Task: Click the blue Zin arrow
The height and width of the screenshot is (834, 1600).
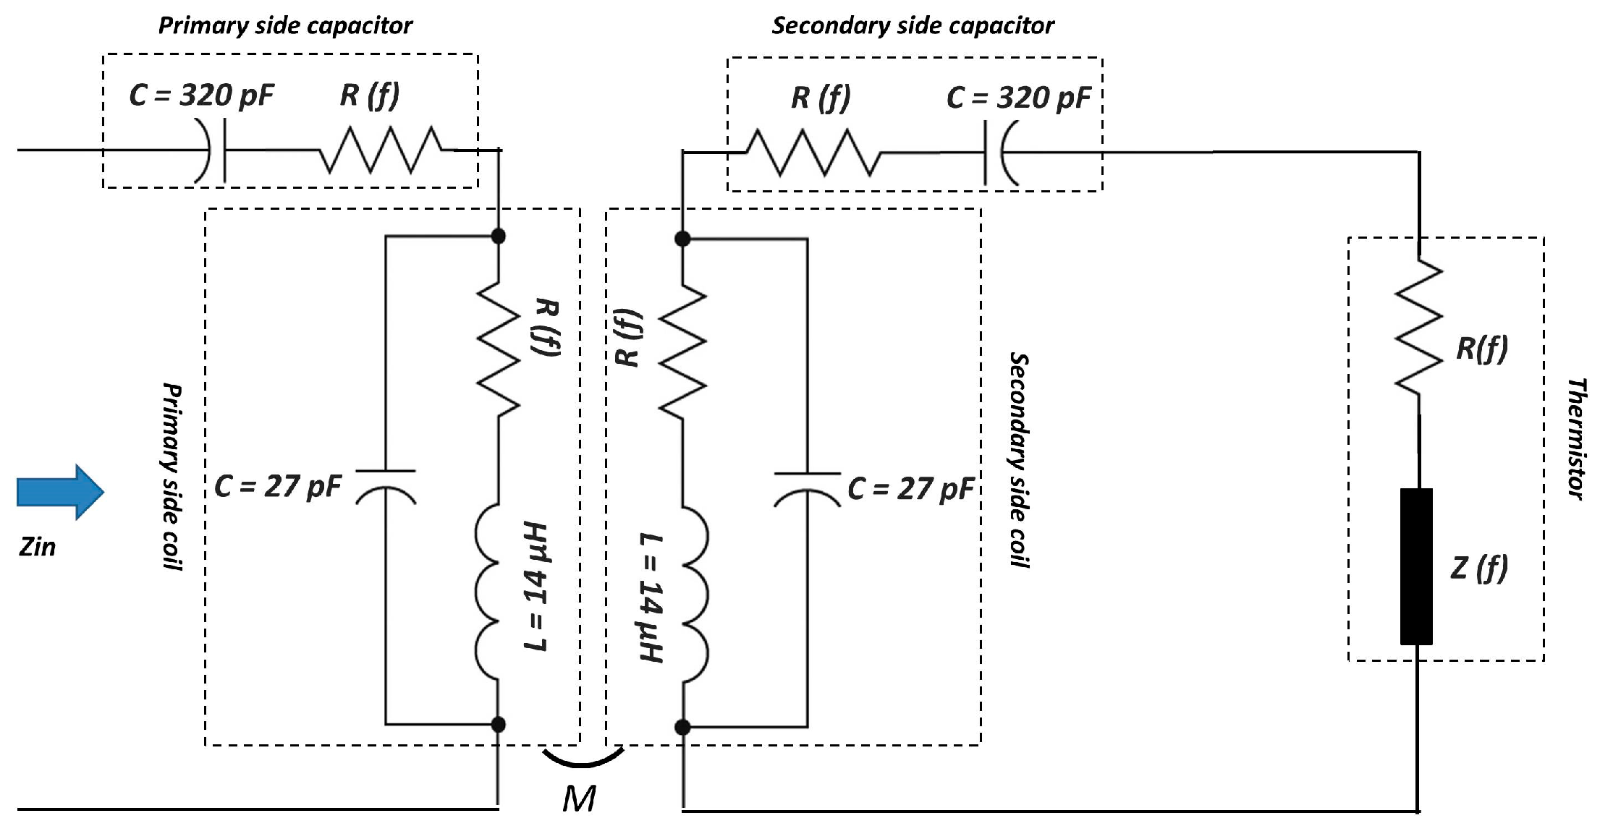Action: click(60, 492)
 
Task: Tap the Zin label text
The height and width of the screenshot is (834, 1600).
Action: click(37, 547)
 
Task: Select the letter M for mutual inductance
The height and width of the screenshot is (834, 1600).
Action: click(579, 799)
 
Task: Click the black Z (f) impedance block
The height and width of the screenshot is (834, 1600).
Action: click(1416, 566)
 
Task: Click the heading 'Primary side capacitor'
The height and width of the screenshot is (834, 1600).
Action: click(285, 26)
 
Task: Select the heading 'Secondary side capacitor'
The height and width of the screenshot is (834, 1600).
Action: click(913, 26)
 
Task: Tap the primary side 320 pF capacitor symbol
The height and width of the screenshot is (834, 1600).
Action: click(216, 150)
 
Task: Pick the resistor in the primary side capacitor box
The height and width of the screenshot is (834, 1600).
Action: click(381, 150)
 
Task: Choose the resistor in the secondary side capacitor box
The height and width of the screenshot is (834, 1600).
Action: click(813, 153)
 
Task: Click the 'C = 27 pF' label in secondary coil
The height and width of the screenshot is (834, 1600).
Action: click(911, 489)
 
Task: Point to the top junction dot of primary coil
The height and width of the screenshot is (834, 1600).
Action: click(498, 236)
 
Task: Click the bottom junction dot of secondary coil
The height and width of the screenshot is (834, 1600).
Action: click(682, 727)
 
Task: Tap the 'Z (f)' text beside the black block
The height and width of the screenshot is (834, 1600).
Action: click(1479, 568)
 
